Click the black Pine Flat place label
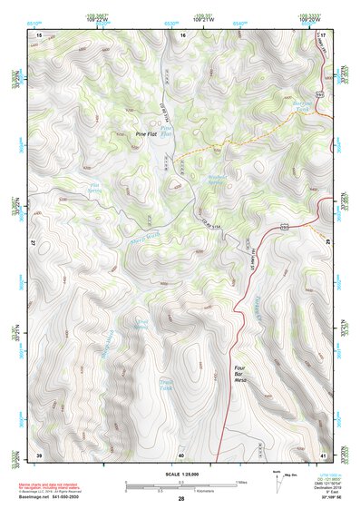pos(146,133)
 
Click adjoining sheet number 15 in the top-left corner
pos(39,34)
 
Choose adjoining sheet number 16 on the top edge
pos(181,34)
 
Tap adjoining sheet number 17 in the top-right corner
pos(323,34)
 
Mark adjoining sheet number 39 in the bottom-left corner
pos(39,454)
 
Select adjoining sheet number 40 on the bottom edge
pos(181,454)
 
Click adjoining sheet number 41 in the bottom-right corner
pos(323,454)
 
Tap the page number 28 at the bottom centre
pos(180,499)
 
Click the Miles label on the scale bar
pos(240,481)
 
